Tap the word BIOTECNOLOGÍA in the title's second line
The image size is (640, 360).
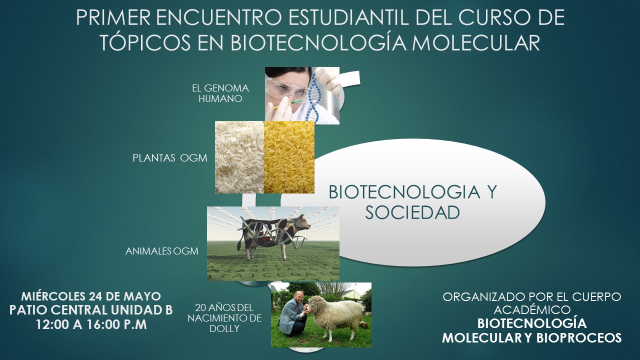(317, 43)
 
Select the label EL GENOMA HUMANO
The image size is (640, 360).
(220, 93)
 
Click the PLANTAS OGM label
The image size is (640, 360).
(170, 157)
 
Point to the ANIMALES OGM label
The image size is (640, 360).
(161, 251)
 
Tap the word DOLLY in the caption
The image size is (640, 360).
(224, 328)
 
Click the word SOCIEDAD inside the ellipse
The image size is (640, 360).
(412, 213)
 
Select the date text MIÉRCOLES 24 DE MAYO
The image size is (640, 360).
(91, 296)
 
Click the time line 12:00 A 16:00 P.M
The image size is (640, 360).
(91, 324)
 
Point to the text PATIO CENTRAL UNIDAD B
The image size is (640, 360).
(91, 310)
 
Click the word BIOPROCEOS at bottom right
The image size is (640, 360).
(579, 338)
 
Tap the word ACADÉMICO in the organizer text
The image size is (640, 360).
(532, 310)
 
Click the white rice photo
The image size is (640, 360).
(239, 157)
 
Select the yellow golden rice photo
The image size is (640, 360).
(289, 157)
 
